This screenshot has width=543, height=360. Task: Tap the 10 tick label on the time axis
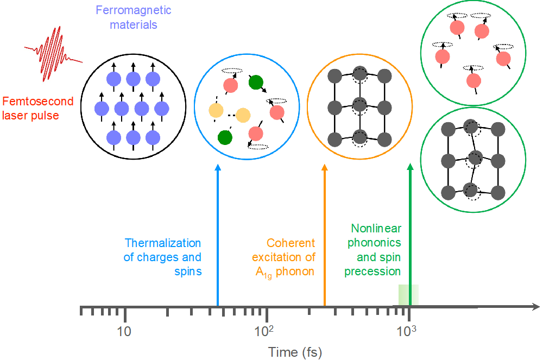[x=125, y=331]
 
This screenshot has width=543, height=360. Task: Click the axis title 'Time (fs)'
[x=295, y=352]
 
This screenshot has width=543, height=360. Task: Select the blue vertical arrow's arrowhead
[x=217, y=168]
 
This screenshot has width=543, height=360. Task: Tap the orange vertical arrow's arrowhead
[x=325, y=168]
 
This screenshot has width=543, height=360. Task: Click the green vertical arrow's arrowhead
[x=411, y=168]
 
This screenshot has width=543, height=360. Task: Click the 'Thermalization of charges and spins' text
[x=162, y=257]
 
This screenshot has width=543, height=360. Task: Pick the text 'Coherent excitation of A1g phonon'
[x=285, y=257]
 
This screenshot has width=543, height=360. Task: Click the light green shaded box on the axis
[x=408, y=295]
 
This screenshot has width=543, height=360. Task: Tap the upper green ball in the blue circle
[x=256, y=83]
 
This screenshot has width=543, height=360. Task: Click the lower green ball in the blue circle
[x=224, y=137]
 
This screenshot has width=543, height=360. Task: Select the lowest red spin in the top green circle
[x=474, y=80]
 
